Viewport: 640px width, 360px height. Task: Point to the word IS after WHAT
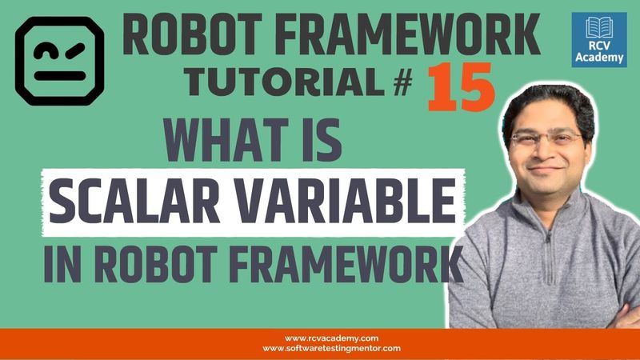click(320, 144)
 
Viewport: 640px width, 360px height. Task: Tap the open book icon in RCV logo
click(599, 27)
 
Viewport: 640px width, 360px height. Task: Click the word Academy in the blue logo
click(599, 58)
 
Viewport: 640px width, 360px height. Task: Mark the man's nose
click(545, 152)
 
